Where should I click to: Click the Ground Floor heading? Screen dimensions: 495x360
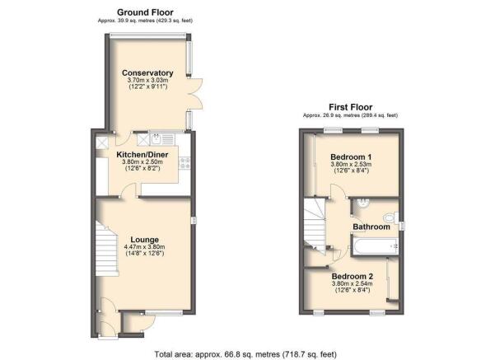[145, 12]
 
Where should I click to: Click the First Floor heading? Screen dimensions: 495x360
[350, 107]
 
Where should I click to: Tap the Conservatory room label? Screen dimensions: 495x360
[147, 73]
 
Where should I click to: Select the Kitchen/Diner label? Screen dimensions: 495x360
[142, 155]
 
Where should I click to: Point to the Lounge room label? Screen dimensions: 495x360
[145, 240]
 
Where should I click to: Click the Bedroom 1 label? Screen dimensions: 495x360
[351, 157]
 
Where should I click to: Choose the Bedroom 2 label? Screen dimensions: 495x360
[353, 276]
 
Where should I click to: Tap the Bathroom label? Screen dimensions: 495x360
[371, 227]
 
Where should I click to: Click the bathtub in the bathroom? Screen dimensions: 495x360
[375, 246]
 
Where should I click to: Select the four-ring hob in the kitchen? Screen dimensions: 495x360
[184, 163]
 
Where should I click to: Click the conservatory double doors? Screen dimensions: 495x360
[194, 94]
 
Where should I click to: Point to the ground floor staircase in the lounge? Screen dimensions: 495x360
[107, 249]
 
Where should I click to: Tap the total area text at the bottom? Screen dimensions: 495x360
[245, 354]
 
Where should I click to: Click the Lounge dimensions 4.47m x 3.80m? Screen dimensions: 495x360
[145, 247]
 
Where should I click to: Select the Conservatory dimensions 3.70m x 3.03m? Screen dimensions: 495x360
[148, 80]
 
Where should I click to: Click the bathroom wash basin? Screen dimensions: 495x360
[361, 203]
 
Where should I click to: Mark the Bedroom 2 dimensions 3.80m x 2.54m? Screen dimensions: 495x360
[353, 283]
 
